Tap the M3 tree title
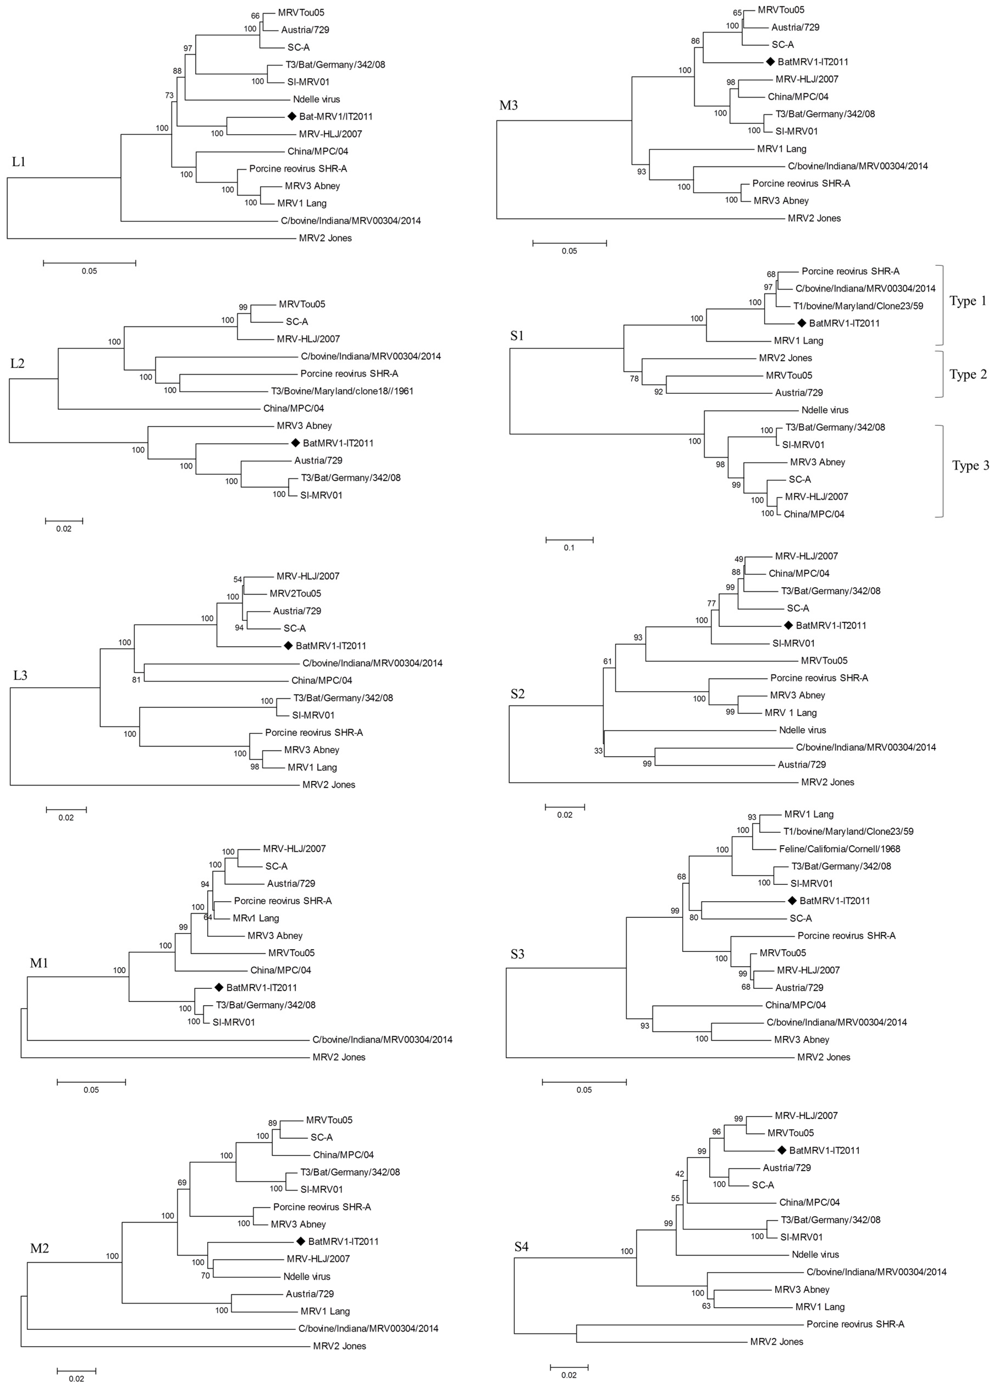click(508, 105)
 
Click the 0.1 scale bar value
click(569, 548)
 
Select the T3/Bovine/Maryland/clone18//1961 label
click(342, 391)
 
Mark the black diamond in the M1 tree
click(219, 987)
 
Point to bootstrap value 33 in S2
click(598, 751)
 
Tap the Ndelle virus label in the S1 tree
click(825, 410)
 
